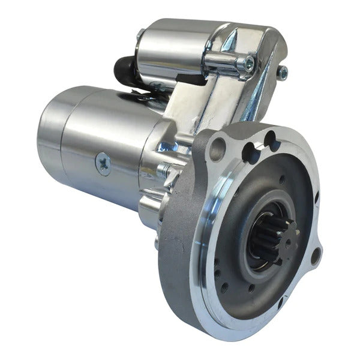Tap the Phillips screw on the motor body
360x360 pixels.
click(x=103, y=163)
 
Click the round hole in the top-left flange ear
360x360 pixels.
click(x=218, y=148)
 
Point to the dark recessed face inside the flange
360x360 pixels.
click(x=240, y=198)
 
